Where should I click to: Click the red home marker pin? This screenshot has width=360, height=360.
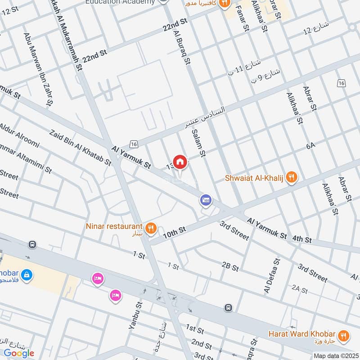180,162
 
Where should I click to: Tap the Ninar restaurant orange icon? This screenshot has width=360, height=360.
151,228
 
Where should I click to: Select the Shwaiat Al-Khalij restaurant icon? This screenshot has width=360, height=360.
292,178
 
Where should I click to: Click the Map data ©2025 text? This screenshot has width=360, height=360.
336,356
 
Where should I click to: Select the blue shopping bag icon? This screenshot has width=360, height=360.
27,274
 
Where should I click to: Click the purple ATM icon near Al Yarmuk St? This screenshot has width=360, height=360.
206,201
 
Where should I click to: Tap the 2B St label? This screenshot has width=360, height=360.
230,267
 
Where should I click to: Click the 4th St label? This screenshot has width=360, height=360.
301,240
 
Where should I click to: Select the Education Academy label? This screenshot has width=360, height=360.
120,2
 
